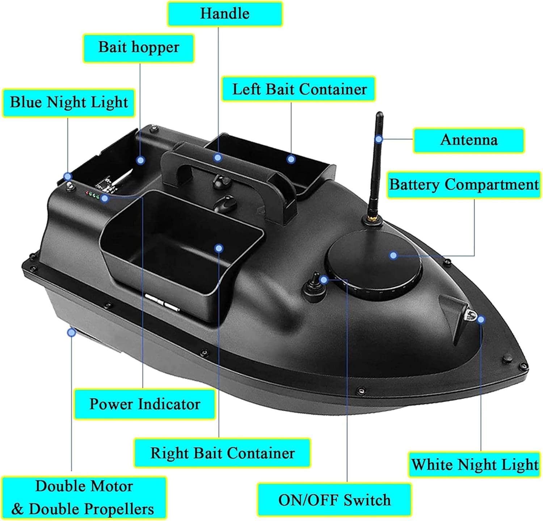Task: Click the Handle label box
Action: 225,14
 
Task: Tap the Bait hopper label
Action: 139,47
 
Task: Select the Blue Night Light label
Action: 69,102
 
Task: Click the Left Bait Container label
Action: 299,89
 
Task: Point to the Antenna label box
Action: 469,140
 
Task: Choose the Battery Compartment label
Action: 464,185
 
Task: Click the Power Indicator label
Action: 144,404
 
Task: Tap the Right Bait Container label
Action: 222,453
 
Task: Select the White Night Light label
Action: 475,465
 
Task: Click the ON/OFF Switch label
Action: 334,500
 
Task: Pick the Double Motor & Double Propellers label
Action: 84,498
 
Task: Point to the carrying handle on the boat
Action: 232,170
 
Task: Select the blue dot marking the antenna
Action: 379,139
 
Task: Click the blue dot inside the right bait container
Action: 219,248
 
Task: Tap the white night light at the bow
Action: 470,315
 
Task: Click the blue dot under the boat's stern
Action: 72,332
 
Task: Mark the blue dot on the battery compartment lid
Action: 393,255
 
